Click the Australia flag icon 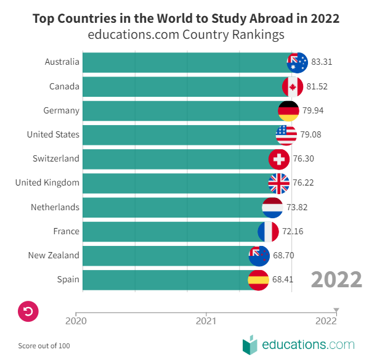pyautogui.click(x=298, y=62)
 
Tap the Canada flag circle pyautogui.click(x=293, y=86)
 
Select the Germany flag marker pyautogui.click(x=289, y=110)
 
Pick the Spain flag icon pyautogui.click(x=258, y=279)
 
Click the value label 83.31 pyautogui.click(x=322, y=62)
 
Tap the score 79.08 pyautogui.click(x=311, y=135)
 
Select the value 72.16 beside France pyautogui.click(x=293, y=231)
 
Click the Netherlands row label pyautogui.click(x=55, y=207)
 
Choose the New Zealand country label pyautogui.click(x=54, y=255)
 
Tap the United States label pyautogui.click(x=53, y=134)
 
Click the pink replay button pyautogui.click(x=29, y=311)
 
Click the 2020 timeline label pyautogui.click(x=76, y=321)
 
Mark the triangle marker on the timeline pyautogui.click(x=336, y=310)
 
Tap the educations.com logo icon pyautogui.click(x=249, y=344)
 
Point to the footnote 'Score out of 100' pyautogui.click(x=44, y=346)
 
